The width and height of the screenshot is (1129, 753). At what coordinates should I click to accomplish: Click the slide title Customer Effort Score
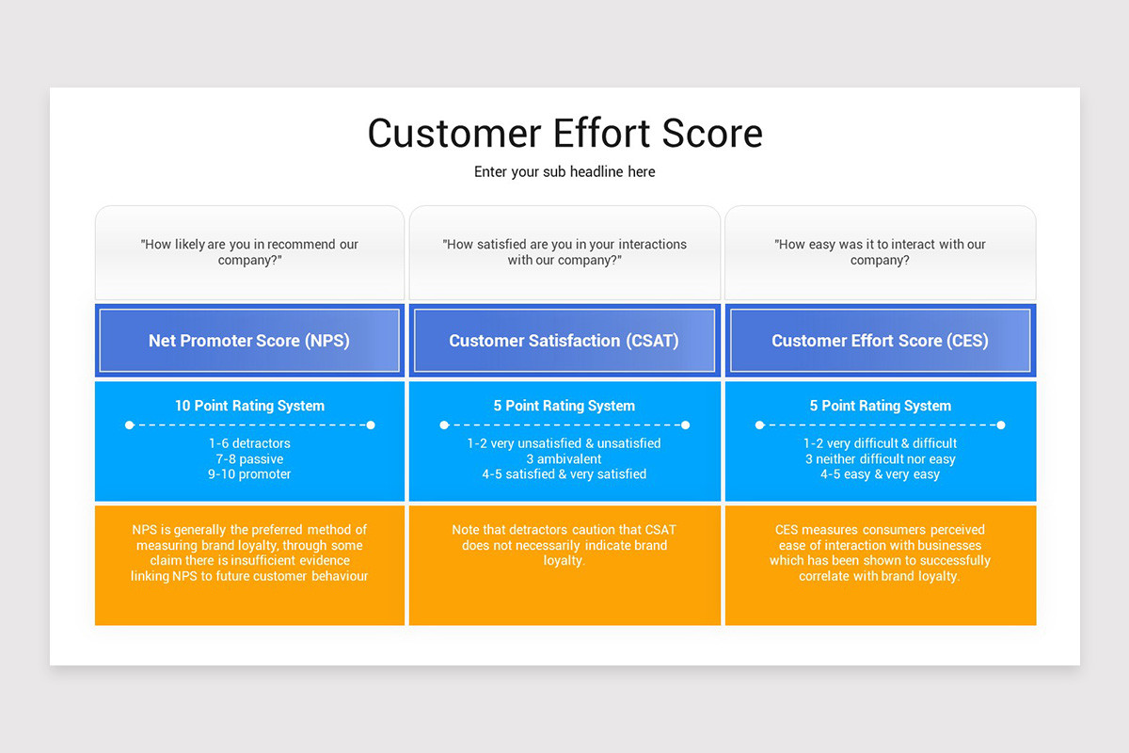pyautogui.click(x=564, y=133)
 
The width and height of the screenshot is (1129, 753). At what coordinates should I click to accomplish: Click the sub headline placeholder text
pyautogui.click(x=564, y=171)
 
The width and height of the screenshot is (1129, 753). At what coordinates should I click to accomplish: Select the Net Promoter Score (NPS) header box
pyautogui.click(x=249, y=341)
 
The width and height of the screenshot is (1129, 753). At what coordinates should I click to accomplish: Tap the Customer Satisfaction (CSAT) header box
pyautogui.click(x=564, y=341)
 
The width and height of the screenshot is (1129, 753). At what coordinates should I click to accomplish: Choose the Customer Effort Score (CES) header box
pyautogui.click(x=880, y=341)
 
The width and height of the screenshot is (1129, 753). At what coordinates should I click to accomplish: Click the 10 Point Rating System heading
pyautogui.click(x=249, y=406)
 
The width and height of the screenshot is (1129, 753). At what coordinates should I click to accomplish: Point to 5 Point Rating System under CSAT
pyautogui.click(x=564, y=406)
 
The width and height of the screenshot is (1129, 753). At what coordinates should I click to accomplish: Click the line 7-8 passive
pyautogui.click(x=249, y=459)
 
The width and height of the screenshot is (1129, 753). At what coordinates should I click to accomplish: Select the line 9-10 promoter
pyautogui.click(x=249, y=474)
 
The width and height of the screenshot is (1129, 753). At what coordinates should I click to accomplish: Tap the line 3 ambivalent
pyautogui.click(x=564, y=459)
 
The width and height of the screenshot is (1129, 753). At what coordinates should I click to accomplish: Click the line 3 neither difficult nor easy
pyautogui.click(x=880, y=459)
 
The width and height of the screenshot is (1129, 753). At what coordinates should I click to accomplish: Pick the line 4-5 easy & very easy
pyautogui.click(x=880, y=474)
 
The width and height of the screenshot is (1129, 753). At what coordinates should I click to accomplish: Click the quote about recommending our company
pyautogui.click(x=249, y=251)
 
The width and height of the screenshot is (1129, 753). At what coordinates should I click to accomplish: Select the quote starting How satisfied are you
pyautogui.click(x=564, y=251)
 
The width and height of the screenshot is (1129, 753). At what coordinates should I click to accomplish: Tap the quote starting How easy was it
pyautogui.click(x=880, y=251)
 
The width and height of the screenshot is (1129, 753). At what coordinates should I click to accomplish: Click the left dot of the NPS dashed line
pyautogui.click(x=130, y=425)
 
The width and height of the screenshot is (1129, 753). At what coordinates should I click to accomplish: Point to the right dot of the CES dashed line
pyautogui.click(x=1000, y=425)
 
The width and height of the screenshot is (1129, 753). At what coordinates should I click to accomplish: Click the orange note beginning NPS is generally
pyautogui.click(x=249, y=553)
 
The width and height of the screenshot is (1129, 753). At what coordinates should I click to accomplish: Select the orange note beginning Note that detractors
pyautogui.click(x=564, y=545)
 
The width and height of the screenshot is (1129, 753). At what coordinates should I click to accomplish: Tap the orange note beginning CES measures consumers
pyautogui.click(x=880, y=553)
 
